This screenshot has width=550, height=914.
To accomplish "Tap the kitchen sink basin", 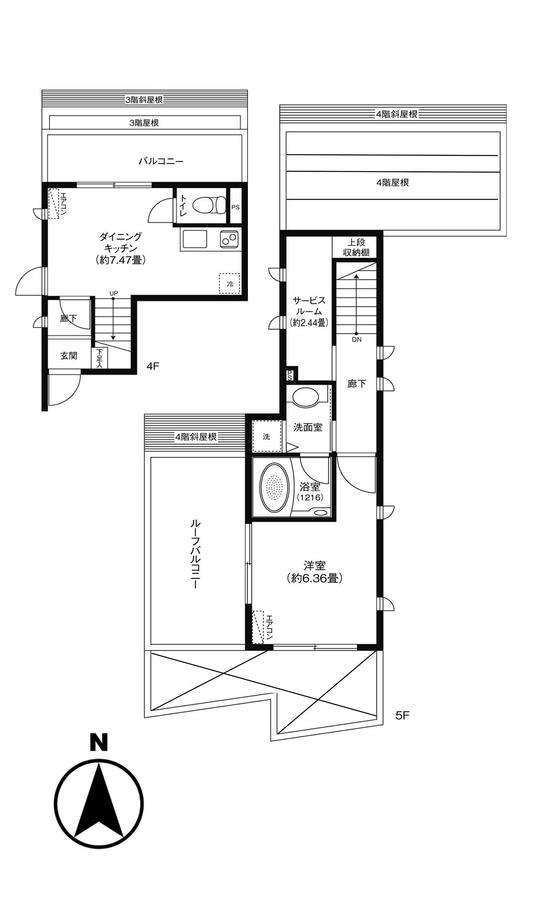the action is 195,239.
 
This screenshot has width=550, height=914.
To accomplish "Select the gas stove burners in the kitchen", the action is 229,239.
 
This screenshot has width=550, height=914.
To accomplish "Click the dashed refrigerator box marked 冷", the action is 230,284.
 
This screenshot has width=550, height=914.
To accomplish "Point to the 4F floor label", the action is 153,366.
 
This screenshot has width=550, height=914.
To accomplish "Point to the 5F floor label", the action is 402,716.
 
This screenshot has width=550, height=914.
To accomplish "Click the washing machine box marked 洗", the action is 266,436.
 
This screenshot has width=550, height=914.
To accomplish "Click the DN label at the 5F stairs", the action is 357,339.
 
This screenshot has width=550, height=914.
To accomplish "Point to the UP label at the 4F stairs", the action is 113,293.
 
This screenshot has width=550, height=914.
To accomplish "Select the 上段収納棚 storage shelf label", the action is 356,247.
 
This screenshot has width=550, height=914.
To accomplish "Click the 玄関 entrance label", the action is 69,356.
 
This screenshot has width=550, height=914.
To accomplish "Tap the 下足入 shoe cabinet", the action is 99,358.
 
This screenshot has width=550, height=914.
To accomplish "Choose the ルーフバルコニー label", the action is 195,554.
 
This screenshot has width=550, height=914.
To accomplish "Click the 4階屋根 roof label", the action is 392,182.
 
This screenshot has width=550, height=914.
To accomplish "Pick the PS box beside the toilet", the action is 235,207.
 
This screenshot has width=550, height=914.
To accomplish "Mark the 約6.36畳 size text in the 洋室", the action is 314,578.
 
